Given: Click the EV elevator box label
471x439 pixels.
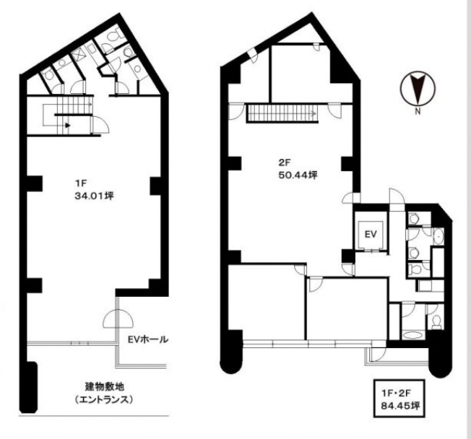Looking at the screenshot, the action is pyautogui.click(x=371, y=234).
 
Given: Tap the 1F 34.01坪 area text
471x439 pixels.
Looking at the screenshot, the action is pyautogui.click(x=94, y=189).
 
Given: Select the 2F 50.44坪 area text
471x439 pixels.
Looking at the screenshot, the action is pyautogui.click(x=298, y=169).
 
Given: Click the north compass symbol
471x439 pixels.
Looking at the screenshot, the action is pyautogui.click(x=418, y=88).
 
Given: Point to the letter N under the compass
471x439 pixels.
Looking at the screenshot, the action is pyautogui.click(x=418, y=111).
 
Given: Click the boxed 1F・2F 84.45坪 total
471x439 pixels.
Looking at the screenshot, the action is pyautogui.click(x=399, y=399).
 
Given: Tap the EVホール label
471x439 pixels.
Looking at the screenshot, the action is pyautogui.click(x=147, y=339).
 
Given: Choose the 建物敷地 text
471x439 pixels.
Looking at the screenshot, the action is pyautogui.click(x=105, y=386).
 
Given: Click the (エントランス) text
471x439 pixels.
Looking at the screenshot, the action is pyautogui.click(x=103, y=400).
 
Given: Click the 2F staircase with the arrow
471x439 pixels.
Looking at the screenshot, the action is pyautogui.click(x=282, y=113).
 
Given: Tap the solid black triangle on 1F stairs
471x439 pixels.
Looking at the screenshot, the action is pyautogui.click(x=68, y=125).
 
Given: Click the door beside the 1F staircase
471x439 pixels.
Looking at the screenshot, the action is pyautogui.click(x=100, y=125).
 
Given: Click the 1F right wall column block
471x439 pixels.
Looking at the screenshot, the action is pyautogui.click(x=155, y=186).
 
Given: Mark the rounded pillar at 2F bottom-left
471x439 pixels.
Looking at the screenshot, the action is pyautogui.click(x=231, y=352).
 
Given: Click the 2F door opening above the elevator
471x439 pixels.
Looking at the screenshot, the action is pyautogui.click(x=397, y=196).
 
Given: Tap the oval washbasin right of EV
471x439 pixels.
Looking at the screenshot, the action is pyautogui.click(x=438, y=237).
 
